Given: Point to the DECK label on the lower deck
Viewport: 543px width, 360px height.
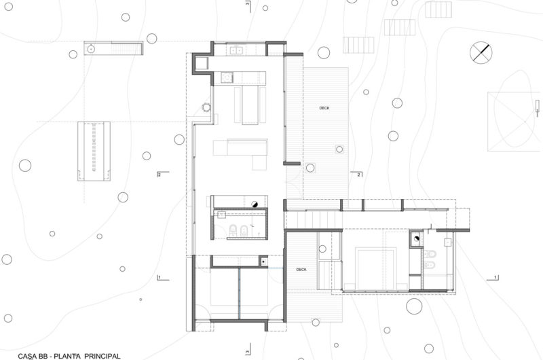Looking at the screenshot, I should (302, 270).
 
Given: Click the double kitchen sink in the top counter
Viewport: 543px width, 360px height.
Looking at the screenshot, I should (237, 50).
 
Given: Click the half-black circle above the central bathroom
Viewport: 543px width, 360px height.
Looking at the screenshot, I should (255, 202).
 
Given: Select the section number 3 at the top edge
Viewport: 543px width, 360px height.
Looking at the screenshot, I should (248, 5).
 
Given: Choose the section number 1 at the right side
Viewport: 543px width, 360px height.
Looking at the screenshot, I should (496, 278).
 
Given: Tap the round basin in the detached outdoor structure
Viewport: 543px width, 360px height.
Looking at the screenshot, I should (90, 48).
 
